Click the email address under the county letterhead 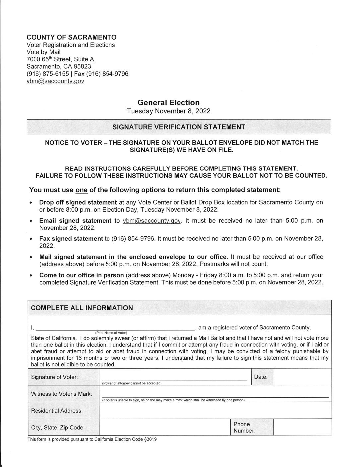pos(55,81)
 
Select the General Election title pos(169,102)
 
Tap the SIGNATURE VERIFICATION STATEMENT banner pos(179,127)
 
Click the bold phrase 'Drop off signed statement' pos(78,202)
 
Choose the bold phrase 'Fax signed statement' pos(71,239)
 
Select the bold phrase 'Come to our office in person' pos(82,275)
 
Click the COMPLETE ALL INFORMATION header pos(82,308)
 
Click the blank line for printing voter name pos(115,328)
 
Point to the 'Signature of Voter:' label pos(54,377)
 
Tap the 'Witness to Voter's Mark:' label pos(61,394)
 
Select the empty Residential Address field pos(215,410)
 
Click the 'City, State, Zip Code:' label pos(58,427)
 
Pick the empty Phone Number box pos(303,427)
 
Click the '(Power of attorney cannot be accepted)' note pos(131,383)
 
